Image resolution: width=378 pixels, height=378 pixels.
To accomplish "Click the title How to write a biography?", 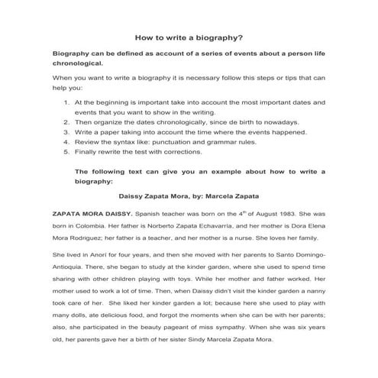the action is (189, 36).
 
